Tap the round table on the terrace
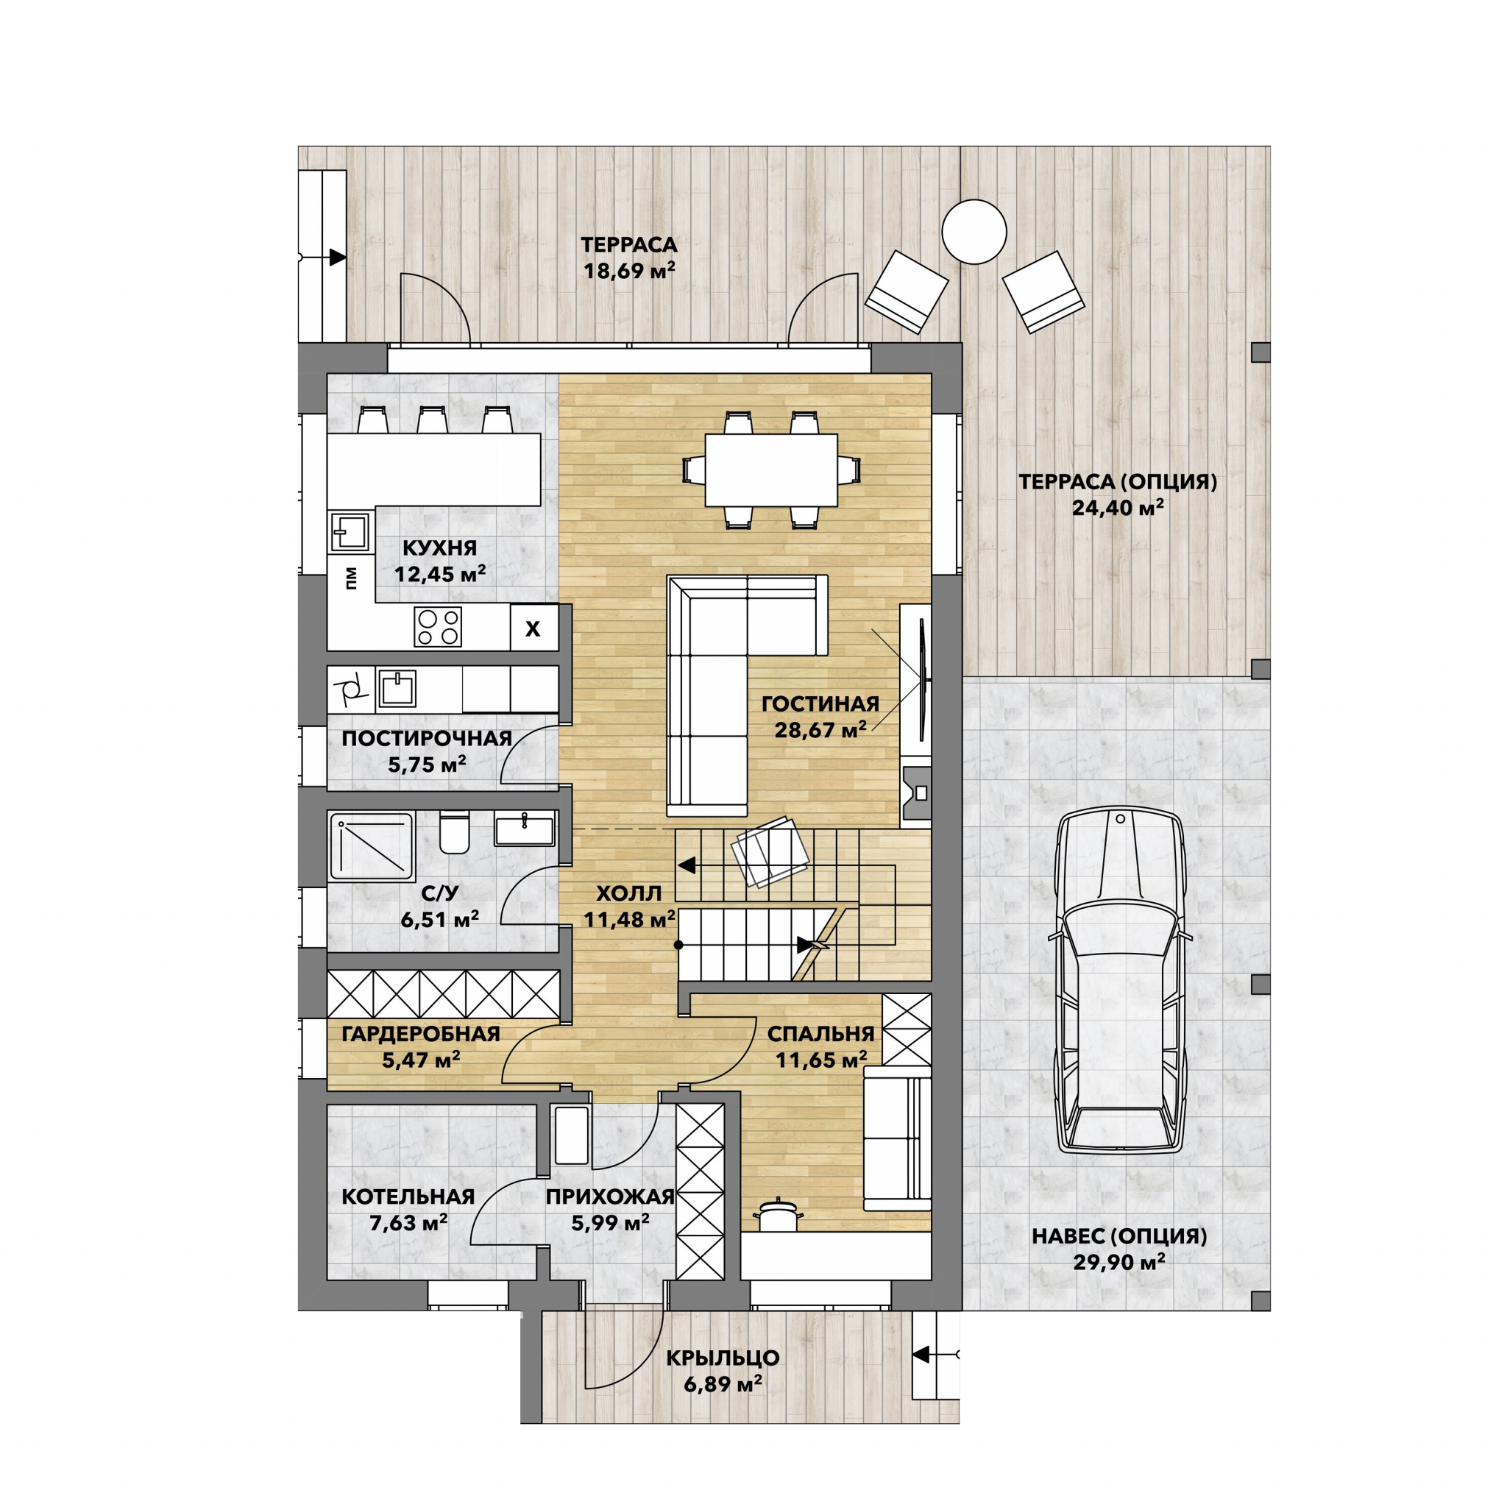974,232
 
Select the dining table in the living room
770,469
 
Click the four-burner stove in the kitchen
438,626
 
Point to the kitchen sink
350,531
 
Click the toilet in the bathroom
454,832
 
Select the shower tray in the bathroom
372,845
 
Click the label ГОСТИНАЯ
820,703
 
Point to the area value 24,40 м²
1118,508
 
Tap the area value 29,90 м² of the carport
1119,1262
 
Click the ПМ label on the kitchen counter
351,577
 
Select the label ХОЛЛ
628,893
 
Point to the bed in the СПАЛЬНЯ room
897,1138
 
